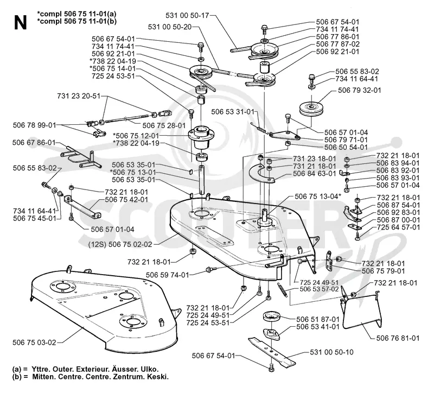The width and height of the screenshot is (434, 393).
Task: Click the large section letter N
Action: [20, 23]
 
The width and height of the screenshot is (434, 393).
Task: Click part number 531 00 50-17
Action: [187, 15]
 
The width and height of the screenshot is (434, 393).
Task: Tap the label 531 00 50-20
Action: [170, 27]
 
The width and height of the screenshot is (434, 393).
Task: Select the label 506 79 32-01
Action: [359, 90]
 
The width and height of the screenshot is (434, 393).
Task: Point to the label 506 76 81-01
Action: [398, 338]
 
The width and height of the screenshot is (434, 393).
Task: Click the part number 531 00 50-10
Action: [331, 352]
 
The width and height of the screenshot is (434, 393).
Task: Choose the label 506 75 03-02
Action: [34, 343]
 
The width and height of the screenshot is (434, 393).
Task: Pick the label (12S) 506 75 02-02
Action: [120, 245]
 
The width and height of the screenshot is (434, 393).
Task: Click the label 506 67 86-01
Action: [34, 143]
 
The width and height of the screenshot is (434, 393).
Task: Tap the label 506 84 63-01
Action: [315, 174]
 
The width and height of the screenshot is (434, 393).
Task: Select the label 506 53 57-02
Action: [319, 289]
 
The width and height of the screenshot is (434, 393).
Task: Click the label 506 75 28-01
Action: [164, 125]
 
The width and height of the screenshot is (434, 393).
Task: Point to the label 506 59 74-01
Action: [167, 275]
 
